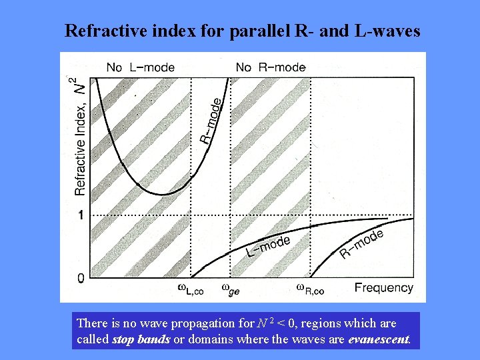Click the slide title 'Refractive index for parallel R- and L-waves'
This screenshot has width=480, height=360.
[243, 31]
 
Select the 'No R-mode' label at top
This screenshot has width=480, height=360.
[271, 67]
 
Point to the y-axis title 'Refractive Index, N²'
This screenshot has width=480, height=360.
[80, 137]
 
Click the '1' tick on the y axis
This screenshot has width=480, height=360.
[81, 215]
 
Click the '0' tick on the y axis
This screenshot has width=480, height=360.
[81, 277]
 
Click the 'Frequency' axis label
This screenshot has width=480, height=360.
[383, 288]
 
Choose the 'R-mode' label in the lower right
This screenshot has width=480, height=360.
[361, 243]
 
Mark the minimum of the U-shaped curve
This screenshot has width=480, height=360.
[161, 195]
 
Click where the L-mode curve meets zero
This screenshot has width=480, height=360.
[192, 277]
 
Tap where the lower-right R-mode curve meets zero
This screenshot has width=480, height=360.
[311, 277]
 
